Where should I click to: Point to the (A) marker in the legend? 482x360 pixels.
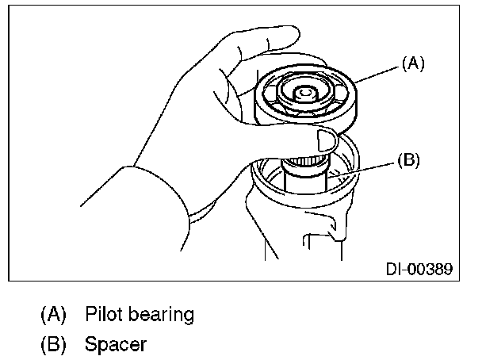54,314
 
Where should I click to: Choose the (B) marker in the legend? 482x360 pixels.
54,345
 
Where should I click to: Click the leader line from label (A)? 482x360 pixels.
379,72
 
